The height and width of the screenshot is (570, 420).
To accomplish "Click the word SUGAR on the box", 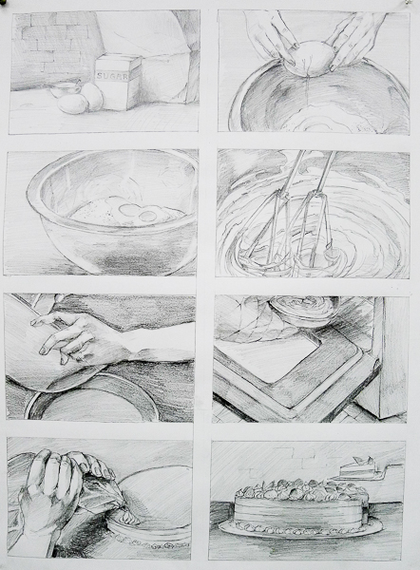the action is click(112, 76).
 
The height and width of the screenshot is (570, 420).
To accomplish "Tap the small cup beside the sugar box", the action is click(66, 89).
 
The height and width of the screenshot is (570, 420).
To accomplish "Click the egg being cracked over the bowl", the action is click(314, 57).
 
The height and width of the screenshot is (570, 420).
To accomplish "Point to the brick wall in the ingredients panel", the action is click(54, 46).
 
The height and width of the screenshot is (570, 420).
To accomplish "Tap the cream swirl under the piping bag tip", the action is click(129, 518).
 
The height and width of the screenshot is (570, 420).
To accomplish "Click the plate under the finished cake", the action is click(300, 529).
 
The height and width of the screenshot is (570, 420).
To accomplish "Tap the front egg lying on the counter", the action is click(73, 104).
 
